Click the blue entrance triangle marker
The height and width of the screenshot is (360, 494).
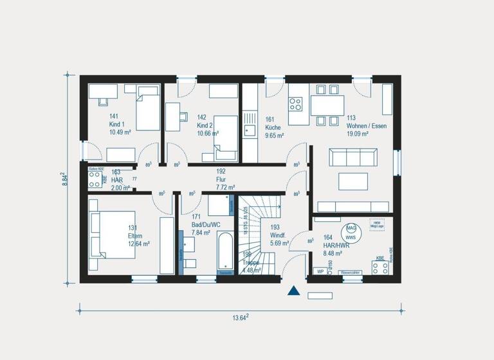coord(294,291)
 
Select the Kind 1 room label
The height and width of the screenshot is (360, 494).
coord(117,124)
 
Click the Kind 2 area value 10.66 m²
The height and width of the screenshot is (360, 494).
coord(208,134)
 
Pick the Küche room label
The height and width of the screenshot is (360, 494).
coord(273,128)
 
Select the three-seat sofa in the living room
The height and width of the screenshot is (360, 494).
coord(352,157)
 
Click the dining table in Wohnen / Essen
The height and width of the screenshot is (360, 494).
coord(327,105)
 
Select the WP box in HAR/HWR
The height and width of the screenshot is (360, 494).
coord(320,271)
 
